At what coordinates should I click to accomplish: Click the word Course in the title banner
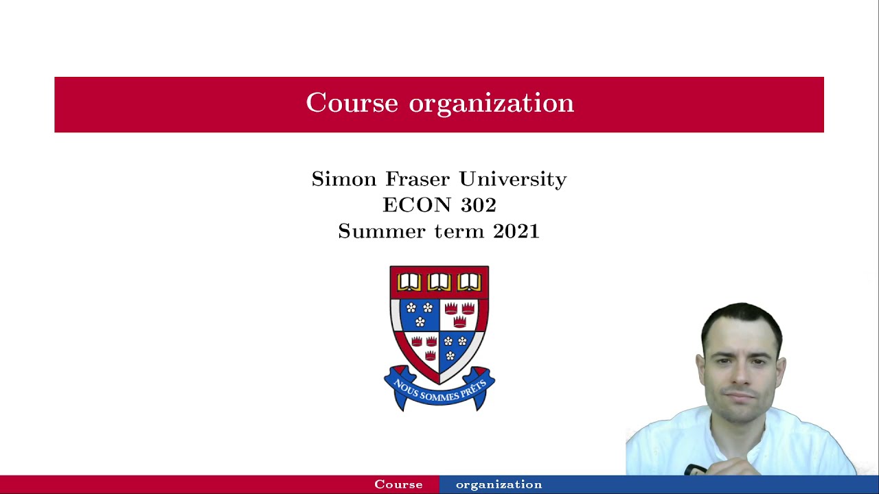(x=352, y=103)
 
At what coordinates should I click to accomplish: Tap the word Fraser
(x=418, y=179)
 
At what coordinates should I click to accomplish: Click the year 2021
(x=516, y=231)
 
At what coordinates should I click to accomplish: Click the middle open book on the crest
(x=439, y=282)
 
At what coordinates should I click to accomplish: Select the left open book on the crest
(x=409, y=282)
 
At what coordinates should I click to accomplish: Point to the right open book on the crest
(x=470, y=282)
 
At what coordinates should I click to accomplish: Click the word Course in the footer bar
(x=398, y=484)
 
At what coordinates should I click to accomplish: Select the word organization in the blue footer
(x=499, y=484)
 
